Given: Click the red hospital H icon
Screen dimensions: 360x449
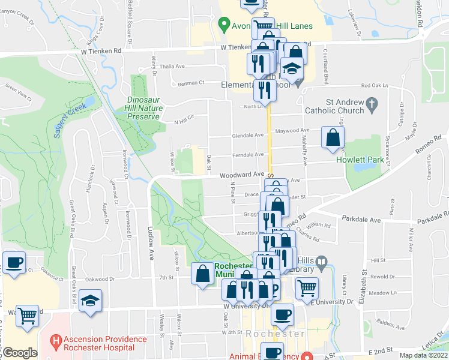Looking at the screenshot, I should click(56, 343).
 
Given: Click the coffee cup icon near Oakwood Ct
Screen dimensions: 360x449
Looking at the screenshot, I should click(14, 262).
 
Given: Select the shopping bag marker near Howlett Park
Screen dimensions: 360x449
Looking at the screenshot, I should click(333, 137).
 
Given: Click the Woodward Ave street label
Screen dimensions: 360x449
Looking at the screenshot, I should click(243, 174).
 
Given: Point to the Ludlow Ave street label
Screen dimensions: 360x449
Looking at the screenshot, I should click(150, 243).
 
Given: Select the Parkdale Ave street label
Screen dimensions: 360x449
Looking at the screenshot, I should click(361, 220).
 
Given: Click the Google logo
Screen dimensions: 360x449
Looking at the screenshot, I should click(19, 353).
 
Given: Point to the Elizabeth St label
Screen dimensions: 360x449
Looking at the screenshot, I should click(364, 295).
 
